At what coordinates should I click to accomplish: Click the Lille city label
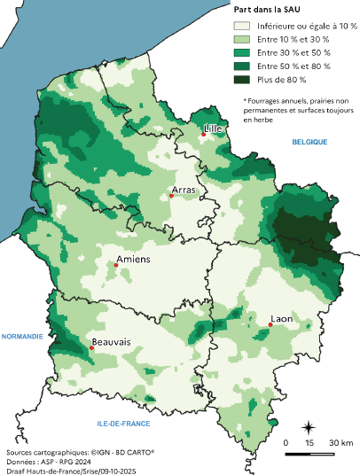click(x=213, y=128)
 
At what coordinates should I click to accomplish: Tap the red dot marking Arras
click(x=171, y=196)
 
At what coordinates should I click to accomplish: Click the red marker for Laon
click(x=270, y=325)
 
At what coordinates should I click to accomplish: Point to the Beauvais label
click(x=111, y=341)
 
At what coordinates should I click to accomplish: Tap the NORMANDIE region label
click(x=22, y=337)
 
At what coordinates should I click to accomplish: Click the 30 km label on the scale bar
click(x=341, y=442)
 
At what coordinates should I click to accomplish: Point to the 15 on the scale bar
click(x=309, y=442)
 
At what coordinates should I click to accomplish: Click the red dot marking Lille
click(x=203, y=135)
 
